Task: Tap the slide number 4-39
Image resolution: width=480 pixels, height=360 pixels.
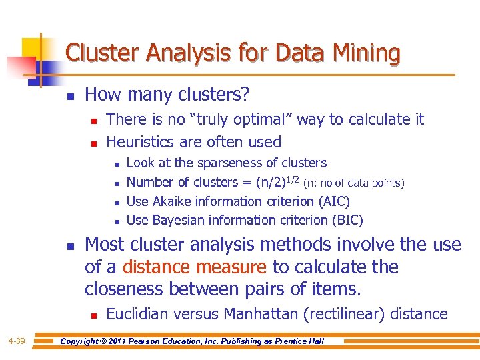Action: pyautogui.click(x=17, y=341)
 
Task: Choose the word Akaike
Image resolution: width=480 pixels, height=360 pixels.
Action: pyautogui.click(x=174, y=201)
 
